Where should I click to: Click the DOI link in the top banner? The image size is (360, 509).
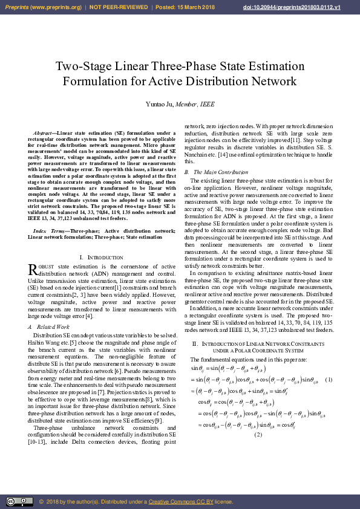(308, 7)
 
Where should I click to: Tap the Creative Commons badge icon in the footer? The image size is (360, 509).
(19, 501)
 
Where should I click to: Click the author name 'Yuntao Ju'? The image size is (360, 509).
(159, 104)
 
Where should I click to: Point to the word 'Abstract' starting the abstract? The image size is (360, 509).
(43, 132)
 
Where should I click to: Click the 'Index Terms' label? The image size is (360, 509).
(45, 231)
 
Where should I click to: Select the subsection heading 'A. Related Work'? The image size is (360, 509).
(49, 326)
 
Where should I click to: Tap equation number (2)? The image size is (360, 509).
(258, 435)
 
